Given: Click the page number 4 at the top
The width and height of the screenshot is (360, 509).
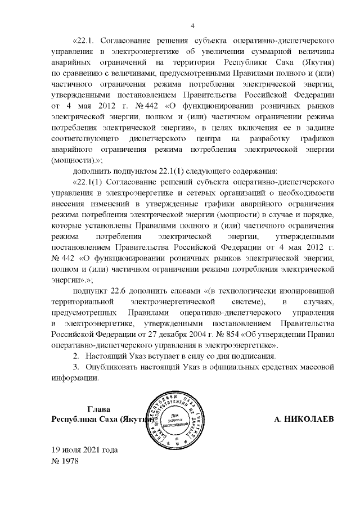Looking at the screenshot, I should click(x=192, y=25).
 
